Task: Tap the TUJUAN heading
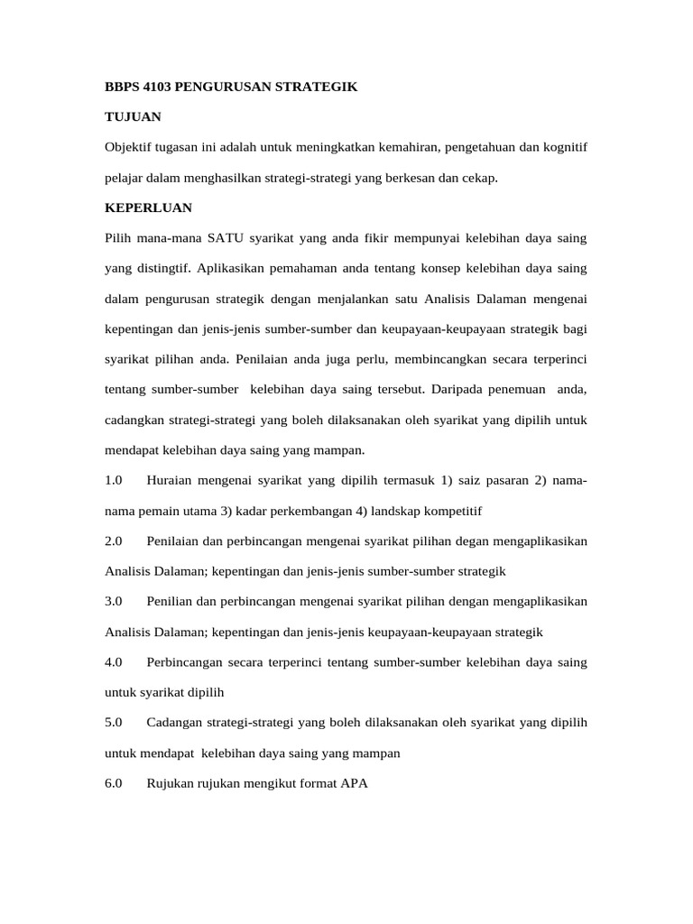click(134, 117)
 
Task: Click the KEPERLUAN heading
click(149, 208)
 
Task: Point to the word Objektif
click(129, 147)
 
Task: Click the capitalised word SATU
click(226, 238)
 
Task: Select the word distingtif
click(162, 268)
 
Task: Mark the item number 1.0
click(114, 480)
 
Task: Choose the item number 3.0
click(114, 601)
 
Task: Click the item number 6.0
click(114, 783)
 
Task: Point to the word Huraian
click(171, 480)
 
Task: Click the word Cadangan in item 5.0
click(174, 723)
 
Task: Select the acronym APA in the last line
click(355, 783)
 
